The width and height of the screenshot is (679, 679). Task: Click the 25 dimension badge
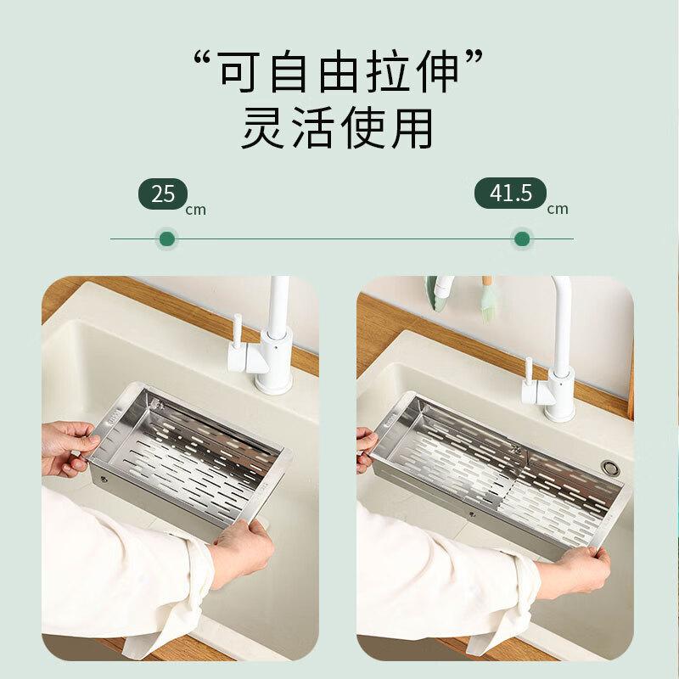pyautogui.click(x=163, y=194)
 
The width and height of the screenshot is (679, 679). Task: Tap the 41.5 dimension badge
pyautogui.click(x=510, y=194)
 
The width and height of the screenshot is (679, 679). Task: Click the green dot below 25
pyautogui.click(x=166, y=238)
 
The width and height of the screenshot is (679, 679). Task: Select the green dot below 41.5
pyautogui.click(x=522, y=238)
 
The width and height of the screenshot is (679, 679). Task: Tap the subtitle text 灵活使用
pyautogui.click(x=338, y=129)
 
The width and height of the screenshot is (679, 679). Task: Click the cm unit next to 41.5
pyautogui.click(x=558, y=209)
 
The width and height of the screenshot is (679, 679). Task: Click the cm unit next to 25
pyautogui.click(x=196, y=210)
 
